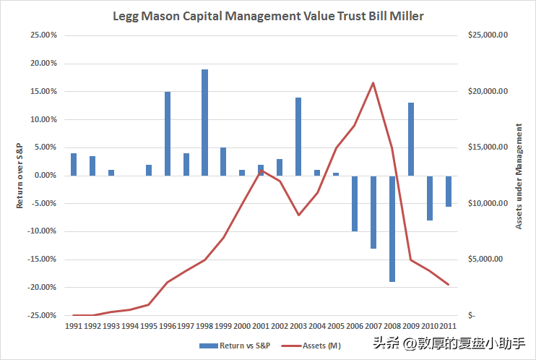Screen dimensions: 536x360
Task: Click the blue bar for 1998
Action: (204, 122)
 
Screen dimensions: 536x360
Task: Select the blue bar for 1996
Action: (168, 134)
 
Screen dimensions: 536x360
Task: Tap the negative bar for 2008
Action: (392, 229)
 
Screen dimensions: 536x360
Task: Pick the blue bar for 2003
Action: (298, 137)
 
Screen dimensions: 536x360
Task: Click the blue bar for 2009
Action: (411, 140)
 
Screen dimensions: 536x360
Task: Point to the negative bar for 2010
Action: (430, 198)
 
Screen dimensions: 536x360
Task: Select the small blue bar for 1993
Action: (111, 173)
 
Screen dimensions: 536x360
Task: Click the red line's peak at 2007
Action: (373, 82)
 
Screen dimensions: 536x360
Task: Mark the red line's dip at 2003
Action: (299, 215)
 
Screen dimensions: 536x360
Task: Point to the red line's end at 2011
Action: (448, 284)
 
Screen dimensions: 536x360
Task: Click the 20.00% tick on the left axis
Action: (44, 64)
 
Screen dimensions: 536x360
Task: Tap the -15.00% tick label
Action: (42, 259)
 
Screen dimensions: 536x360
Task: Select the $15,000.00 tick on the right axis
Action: (488, 147)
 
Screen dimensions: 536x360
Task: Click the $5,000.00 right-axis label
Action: (485, 259)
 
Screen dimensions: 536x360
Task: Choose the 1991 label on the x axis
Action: (74, 326)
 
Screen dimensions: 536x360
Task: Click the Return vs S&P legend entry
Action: (235, 346)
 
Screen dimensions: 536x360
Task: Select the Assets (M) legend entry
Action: (311, 346)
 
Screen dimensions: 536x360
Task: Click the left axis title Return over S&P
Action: (20, 176)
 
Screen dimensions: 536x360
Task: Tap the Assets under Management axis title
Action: (519, 176)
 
